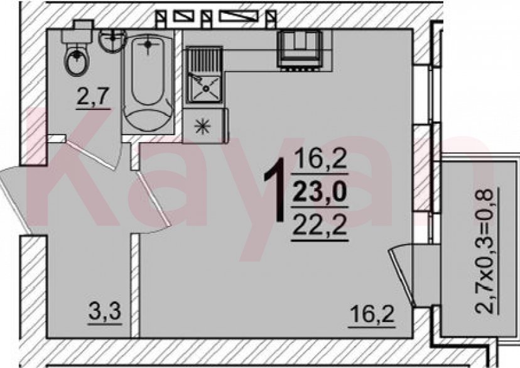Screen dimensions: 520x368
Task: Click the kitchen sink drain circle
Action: click(206, 88)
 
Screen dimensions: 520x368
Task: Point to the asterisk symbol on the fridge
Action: click(202, 126)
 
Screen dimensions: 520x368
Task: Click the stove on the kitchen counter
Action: click(300, 50)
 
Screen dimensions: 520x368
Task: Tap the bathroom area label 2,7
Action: click(93, 97)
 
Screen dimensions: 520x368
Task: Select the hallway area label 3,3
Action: click(105, 313)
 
